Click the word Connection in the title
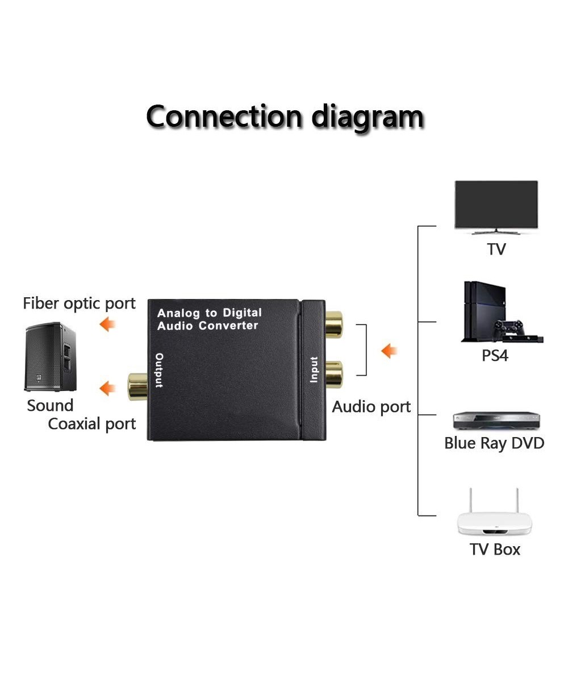tap(225, 117)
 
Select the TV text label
tap(496, 249)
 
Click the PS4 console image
tap(500, 313)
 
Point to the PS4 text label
tap(495, 356)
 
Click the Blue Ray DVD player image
tap(496, 421)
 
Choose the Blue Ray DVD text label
tap(494, 443)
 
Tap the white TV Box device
tap(494, 517)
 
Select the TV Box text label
tap(495, 550)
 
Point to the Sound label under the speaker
tap(50, 406)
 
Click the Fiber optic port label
tap(79, 303)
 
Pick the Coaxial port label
tap(92, 424)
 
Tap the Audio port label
tap(371, 407)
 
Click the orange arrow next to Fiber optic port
tap(107, 325)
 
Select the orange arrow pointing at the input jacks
tap(389, 351)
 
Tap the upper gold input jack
tap(333, 325)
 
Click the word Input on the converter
tap(314, 369)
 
